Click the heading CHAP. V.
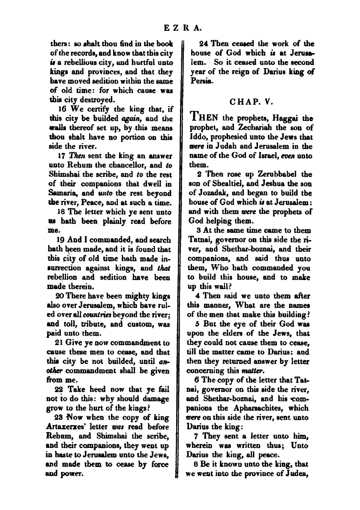click(249, 102)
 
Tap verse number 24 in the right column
click(205, 43)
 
